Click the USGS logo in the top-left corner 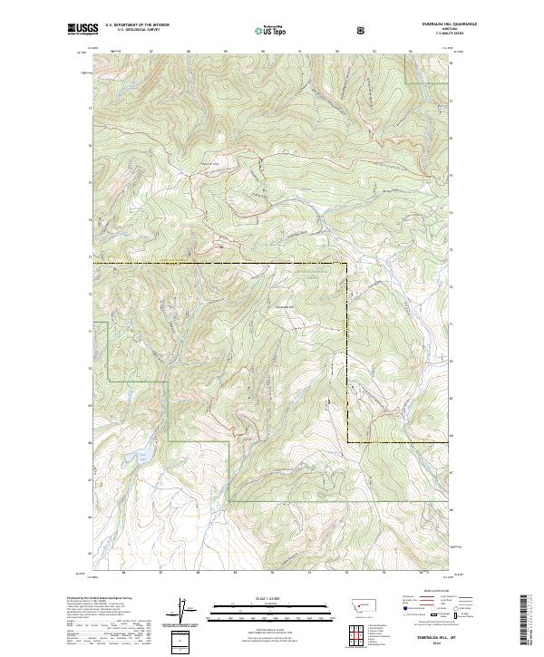83,29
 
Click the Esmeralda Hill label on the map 287,305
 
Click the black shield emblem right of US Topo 363,30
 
